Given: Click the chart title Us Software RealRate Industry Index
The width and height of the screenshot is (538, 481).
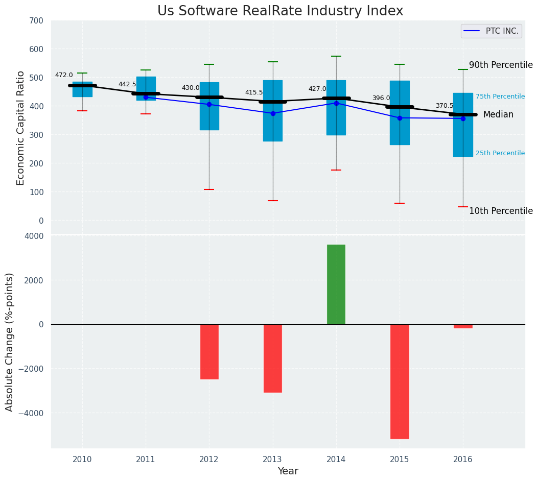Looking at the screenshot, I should click(x=280, y=11).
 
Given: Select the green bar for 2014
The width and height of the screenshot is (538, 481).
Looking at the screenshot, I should click(x=336, y=284).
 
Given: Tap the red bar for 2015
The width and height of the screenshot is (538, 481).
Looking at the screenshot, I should click(x=400, y=381).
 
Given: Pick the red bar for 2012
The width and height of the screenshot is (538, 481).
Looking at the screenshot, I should click(x=209, y=351).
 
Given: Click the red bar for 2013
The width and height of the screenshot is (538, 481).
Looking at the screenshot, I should click(x=273, y=358).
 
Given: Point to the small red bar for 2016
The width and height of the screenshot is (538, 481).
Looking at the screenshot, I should click(x=463, y=326).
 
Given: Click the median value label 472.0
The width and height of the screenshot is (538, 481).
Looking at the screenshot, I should click(x=64, y=76).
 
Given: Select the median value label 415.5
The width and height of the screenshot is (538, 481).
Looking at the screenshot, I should click(x=254, y=93).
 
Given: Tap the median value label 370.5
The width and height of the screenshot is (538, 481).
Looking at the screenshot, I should click(x=445, y=106).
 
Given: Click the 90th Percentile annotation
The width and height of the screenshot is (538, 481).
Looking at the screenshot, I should click(x=501, y=65).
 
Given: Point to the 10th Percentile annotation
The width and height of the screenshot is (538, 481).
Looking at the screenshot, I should click(x=501, y=211).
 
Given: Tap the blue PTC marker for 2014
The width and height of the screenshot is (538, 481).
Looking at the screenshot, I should click(x=336, y=103).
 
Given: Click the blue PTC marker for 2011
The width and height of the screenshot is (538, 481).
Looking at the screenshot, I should click(x=146, y=97).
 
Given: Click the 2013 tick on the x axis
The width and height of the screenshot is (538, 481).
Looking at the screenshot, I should click(x=273, y=460).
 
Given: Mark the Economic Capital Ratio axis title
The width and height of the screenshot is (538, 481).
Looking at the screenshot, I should click(x=21, y=128).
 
